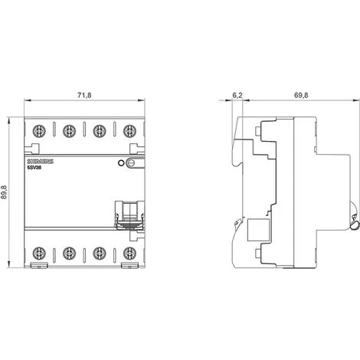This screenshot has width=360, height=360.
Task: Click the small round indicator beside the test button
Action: point(119,163)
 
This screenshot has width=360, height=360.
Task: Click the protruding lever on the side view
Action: point(355,222)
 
